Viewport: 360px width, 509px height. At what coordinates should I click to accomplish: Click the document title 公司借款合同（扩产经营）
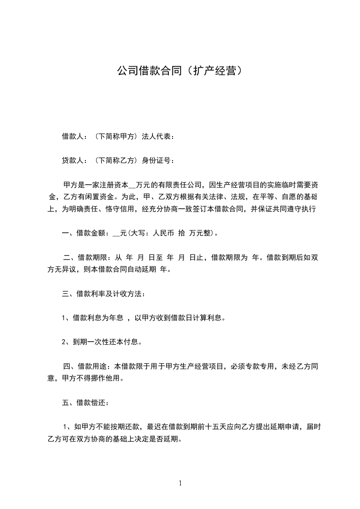pos(180,71)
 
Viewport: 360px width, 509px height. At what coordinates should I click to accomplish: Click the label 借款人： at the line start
pos(75,136)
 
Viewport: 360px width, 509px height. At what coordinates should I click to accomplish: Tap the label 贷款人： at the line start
pos(75,160)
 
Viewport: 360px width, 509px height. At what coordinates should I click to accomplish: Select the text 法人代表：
pos(158,136)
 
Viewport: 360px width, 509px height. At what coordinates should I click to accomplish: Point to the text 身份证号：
pos(158,160)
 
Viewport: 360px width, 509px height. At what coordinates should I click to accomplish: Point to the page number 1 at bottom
pos(180,484)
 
